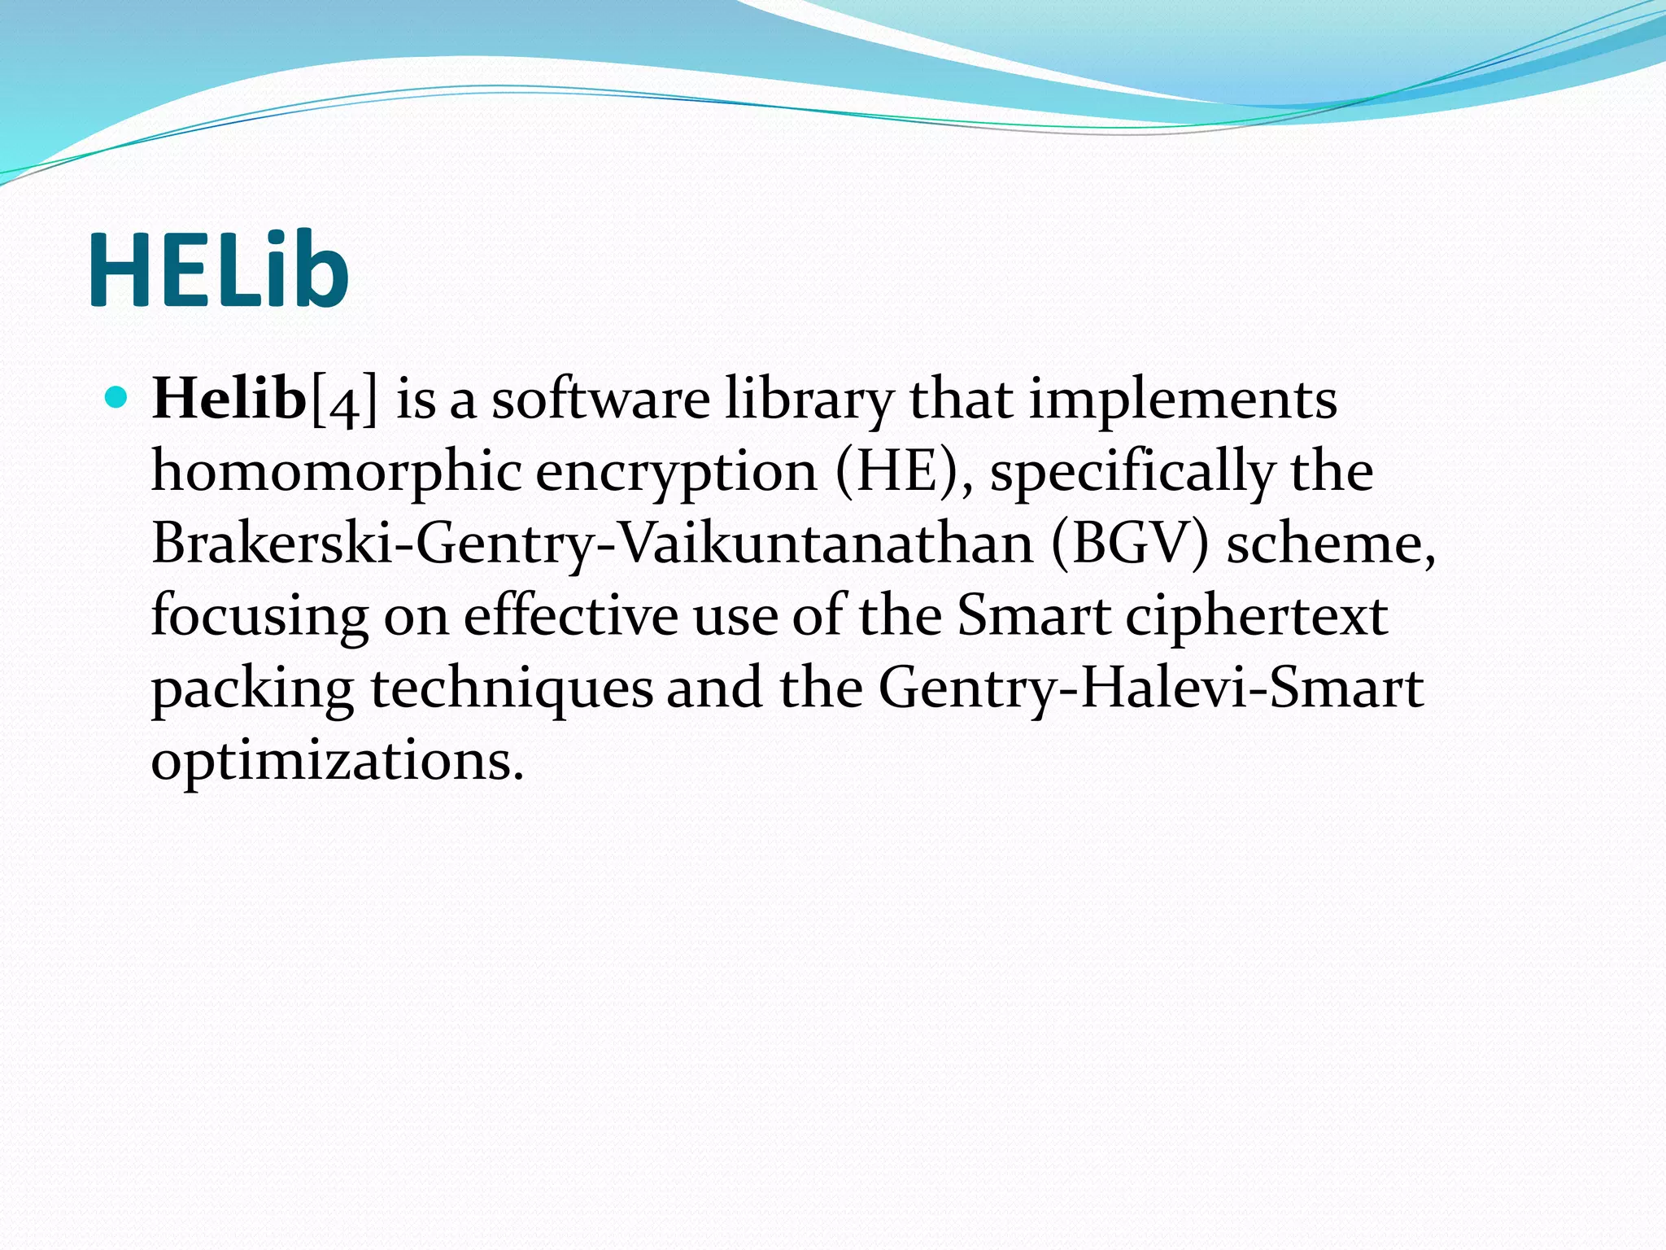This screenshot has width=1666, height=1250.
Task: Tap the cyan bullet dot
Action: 117,398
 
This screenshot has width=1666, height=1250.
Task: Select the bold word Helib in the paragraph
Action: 229,399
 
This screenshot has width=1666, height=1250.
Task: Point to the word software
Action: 600,399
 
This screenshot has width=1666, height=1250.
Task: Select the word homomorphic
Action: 336,472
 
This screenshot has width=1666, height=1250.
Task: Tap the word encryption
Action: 676,472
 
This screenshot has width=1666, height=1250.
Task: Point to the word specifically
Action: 1132,472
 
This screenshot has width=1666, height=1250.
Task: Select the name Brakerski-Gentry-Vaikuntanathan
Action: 592,544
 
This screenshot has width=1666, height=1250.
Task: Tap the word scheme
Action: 1331,544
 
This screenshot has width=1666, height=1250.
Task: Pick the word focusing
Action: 259,617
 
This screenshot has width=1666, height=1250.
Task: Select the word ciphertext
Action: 1256,617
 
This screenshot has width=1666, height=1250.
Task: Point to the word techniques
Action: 512,688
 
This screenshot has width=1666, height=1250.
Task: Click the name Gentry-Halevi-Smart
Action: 1150,688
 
